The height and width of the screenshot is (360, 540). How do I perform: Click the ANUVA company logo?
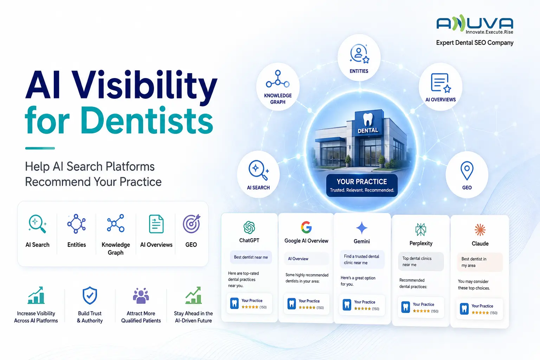click(475, 24)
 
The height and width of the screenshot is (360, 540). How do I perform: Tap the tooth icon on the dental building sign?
click(368, 120)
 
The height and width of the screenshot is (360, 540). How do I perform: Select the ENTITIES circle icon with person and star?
click(359, 53)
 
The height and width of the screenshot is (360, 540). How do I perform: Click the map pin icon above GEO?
click(467, 171)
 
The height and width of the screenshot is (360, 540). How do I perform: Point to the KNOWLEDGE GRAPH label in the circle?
click(278, 99)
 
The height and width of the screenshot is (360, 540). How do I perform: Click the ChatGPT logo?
click(249, 227)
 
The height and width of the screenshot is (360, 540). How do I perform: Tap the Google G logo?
click(306, 227)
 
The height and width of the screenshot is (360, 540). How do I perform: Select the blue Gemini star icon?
click(362, 228)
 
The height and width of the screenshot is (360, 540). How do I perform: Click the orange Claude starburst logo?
click(480, 230)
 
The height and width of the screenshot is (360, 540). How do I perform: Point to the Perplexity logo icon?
click(421, 229)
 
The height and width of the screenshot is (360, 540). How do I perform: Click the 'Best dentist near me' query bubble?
click(251, 257)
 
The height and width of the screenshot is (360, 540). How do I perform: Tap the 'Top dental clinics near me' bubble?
click(421, 261)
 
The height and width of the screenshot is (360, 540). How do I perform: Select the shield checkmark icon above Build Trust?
click(90, 295)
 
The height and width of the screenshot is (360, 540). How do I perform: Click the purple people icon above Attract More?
click(141, 296)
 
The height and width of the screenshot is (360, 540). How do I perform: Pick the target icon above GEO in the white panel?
click(191, 224)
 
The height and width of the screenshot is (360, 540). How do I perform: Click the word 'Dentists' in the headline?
click(147, 120)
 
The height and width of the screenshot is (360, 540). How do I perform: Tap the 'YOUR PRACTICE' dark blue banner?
click(362, 185)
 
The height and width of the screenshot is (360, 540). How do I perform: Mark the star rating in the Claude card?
click(480, 313)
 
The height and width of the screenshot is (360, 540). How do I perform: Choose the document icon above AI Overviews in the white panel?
click(156, 224)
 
